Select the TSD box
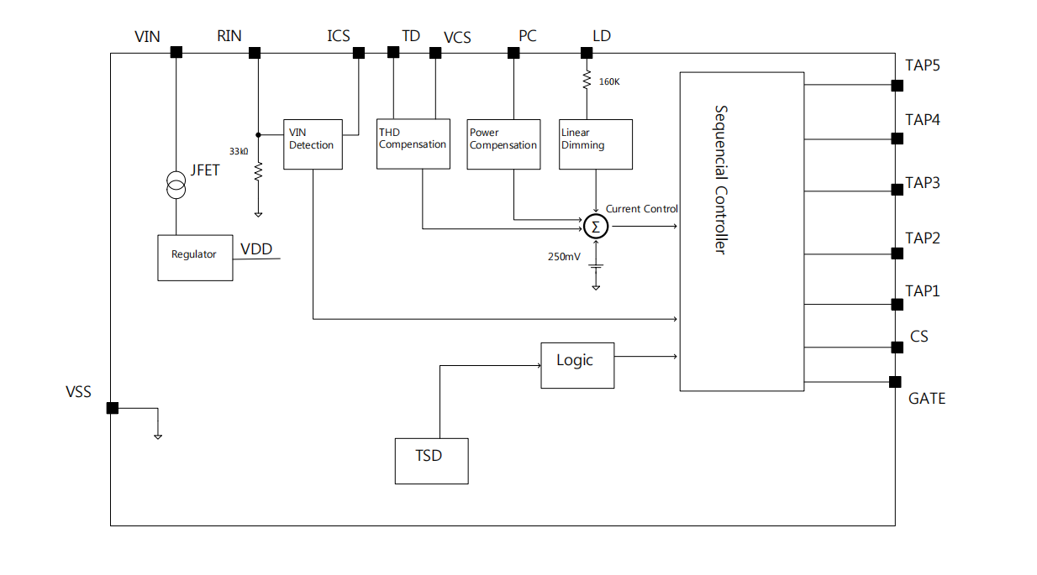431,461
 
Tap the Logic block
576,364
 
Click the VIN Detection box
313,144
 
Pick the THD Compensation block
412,144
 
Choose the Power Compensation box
503,144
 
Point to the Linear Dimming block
596,144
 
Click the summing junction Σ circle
596,226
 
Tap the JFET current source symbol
176,185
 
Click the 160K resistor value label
609,82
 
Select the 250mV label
563,256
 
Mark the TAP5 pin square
897,86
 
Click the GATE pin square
896,382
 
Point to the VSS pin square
112,408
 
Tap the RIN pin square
255,53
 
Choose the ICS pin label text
339,36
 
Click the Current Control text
641,209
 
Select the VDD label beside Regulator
256,249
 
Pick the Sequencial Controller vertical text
720,180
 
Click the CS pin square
897,347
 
